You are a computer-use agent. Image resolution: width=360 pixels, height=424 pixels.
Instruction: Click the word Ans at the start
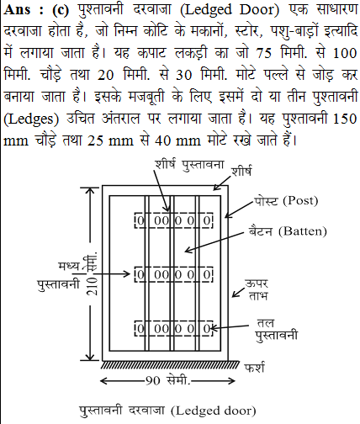(x=18, y=10)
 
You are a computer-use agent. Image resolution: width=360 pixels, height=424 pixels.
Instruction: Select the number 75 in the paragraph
(x=263, y=53)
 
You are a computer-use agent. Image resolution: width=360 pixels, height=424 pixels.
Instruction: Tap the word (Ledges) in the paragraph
(x=31, y=119)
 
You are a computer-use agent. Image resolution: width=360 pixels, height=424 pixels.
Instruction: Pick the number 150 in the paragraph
(x=345, y=119)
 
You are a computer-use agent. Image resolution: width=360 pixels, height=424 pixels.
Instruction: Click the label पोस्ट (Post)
(x=286, y=201)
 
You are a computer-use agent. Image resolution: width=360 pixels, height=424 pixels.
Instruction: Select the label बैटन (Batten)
(x=288, y=231)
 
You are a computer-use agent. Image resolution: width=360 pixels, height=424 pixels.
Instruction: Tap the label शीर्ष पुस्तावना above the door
(x=189, y=164)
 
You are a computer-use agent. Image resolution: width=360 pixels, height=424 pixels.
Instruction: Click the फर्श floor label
(x=255, y=368)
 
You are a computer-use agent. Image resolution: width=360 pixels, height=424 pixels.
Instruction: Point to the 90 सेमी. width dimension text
(x=168, y=380)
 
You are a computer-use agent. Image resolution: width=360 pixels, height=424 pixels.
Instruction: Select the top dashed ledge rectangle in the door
(x=173, y=220)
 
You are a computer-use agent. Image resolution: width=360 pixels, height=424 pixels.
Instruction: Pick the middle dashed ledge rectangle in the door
(x=173, y=274)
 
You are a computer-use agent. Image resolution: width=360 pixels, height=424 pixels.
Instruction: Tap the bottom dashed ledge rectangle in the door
(x=173, y=328)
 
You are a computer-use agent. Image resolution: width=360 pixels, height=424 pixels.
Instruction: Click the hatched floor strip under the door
(x=170, y=365)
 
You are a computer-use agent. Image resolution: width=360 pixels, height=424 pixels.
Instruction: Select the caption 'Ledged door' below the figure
(x=214, y=411)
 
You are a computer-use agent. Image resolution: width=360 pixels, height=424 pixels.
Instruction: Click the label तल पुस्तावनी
(x=277, y=330)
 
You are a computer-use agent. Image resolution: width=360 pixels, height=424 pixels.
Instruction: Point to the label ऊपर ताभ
(x=257, y=289)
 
